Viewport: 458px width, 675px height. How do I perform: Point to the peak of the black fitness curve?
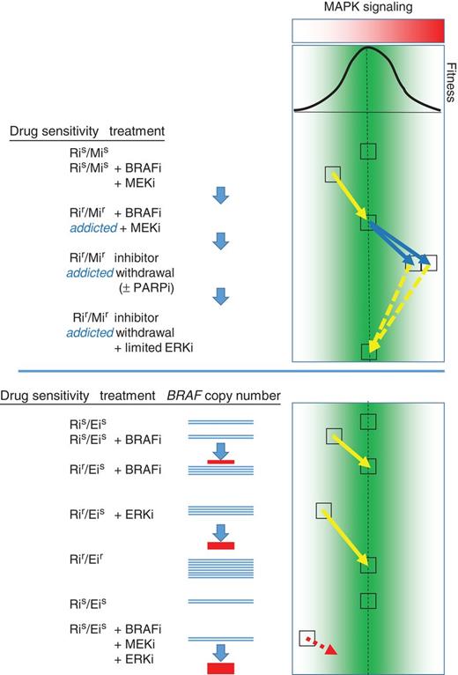click(367, 48)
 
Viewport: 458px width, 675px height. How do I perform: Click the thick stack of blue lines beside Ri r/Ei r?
click(221, 560)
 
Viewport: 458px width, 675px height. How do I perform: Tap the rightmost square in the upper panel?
click(427, 263)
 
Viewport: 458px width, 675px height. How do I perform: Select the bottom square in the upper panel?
click(369, 352)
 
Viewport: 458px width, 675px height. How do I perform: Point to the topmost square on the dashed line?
click(369, 151)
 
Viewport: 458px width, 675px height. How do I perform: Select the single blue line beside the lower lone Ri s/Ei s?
click(221, 602)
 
